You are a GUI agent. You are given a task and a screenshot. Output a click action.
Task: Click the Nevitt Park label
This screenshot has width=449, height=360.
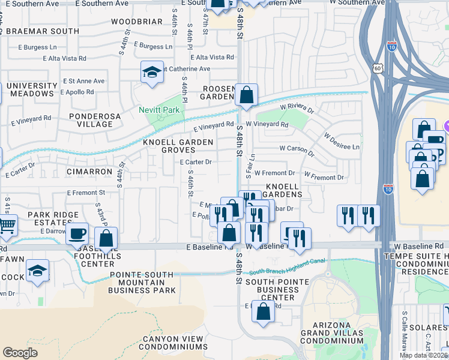click(x=159, y=110)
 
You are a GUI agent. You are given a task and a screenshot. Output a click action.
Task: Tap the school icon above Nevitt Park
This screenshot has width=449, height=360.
click(x=152, y=73)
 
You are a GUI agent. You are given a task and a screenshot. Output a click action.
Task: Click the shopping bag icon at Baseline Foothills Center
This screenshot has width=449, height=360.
click(x=106, y=238)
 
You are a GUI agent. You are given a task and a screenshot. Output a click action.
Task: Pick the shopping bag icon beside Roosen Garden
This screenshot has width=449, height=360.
click(x=246, y=94)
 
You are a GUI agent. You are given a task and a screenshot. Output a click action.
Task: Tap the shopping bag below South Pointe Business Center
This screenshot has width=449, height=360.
click(x=263, y=311)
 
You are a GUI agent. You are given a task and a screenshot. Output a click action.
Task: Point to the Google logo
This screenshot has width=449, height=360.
click(x=20, y=352)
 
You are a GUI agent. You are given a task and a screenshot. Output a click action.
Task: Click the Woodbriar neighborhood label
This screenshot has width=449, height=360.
click(x=137, y=22)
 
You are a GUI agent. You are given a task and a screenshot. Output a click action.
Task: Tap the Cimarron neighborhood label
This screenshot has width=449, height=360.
click(x=89, y=172)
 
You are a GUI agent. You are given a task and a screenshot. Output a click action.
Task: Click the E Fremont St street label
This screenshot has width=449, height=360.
click(x=86, y=193)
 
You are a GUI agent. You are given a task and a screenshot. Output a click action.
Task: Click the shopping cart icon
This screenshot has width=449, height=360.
click(x=7, y=226)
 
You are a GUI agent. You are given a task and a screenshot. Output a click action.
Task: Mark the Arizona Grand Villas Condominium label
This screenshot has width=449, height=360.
click(x=331, y=336)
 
